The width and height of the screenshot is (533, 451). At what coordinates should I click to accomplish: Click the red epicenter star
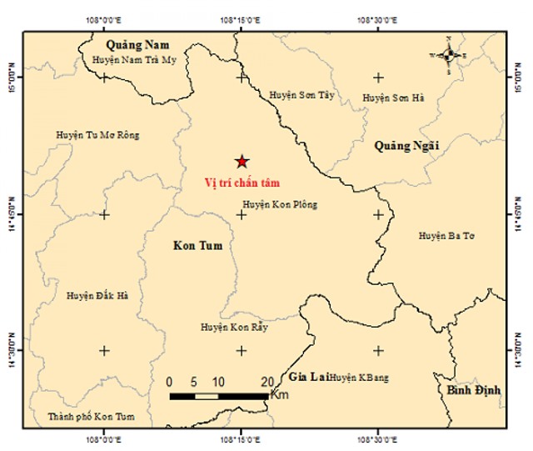pyautogui.click(x=242, y=161)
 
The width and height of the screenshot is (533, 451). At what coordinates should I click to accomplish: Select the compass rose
pyautogui.click(x=449, y=55)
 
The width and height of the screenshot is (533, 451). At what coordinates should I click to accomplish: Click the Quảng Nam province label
pyautogui.click(x=137, y=44)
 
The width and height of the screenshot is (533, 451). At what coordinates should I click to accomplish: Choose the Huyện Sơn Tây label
pyautogui.click(x=301, y=96)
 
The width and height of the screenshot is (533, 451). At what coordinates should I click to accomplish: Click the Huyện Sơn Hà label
pyautogui.click(x=394, y=98)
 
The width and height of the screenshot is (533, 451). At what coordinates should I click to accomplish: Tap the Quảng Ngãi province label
pyautogui.click(x=406, y=146)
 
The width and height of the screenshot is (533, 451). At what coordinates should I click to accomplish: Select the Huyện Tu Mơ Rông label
pyautogui.click(x=98, y=135)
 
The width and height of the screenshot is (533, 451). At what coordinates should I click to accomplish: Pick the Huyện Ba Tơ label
pyautogui.click(x=446, y=237)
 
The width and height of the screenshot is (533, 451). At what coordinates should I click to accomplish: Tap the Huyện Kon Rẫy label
pyautogui.click(x=233, y=328)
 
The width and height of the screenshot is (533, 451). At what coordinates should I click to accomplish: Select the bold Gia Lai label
pyautogui.click(x=307, y=377)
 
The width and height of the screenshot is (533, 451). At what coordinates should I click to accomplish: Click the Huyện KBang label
pyautogui.click(x=358, y=378)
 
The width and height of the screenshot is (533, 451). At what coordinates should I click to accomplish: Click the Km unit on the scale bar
pyautogui.click(x=280, y=394)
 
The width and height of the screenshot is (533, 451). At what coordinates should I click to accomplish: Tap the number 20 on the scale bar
pyautogui.click(x=266, y=381)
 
